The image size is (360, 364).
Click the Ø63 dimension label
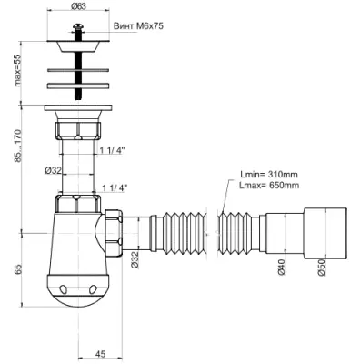pos(78,5)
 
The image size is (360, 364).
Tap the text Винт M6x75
pos(138,26)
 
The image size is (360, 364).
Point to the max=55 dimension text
pos(17,70)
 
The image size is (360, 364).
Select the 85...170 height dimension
pos(17,146)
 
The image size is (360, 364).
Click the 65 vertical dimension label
pos(18,269)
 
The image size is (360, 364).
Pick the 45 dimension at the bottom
pos(100,354)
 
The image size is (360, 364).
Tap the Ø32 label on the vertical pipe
pos(53,170)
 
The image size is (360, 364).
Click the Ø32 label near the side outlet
pos(135,260)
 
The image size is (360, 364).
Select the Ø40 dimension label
pos(282,268)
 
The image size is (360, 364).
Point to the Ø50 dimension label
pos(321,268)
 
